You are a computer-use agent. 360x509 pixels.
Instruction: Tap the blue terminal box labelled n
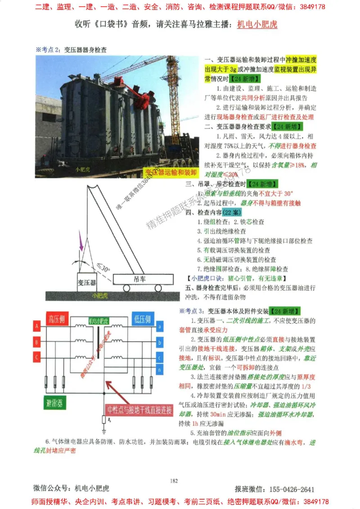(x=160, y=369)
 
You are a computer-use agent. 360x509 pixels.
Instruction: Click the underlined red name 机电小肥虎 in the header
(x=257, y=24)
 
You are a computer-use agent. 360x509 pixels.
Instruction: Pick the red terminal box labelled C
(x=36, y=357)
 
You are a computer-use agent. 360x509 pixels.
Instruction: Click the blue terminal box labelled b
(x=160, y=342)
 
